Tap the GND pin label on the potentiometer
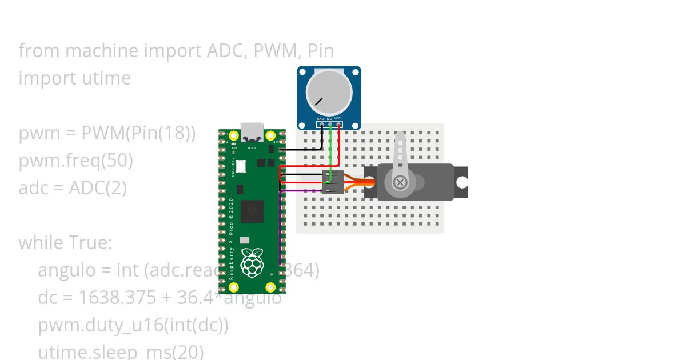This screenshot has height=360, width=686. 321,119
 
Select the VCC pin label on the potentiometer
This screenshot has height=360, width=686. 338,119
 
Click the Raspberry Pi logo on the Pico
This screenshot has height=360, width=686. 252,262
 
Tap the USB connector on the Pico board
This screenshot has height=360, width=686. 252,133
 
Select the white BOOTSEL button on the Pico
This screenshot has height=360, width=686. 241,166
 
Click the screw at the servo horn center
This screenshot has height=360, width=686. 400,182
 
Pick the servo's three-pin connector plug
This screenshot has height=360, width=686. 333,182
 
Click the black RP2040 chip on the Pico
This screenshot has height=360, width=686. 252,211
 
